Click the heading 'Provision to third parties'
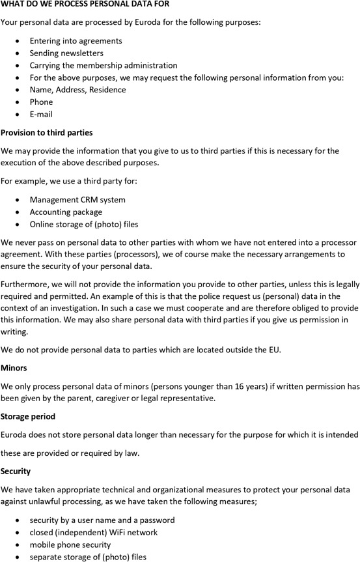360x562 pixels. pos(47,133)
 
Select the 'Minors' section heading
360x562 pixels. pos(14,368)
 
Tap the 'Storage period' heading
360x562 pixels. pos(28,416)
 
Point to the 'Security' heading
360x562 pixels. pos(16,471)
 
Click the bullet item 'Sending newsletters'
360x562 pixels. pos(66,53)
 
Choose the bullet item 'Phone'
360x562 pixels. pos(41,102)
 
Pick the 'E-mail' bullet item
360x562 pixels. pos(41,114)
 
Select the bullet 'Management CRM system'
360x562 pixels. pos(77,199)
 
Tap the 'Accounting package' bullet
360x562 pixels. pos(66,212)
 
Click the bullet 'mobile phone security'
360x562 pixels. pos(70,544)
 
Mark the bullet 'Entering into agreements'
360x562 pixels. pos(76,40)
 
